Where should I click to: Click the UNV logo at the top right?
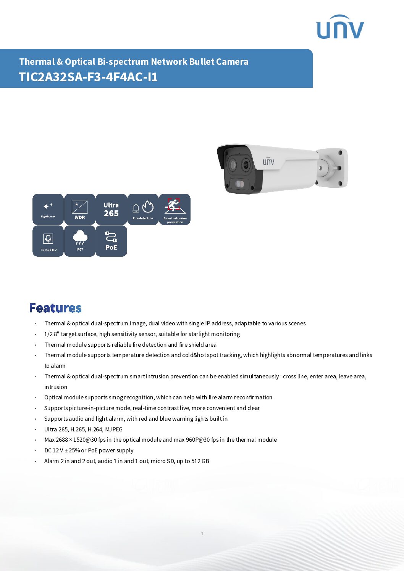click(340, 27)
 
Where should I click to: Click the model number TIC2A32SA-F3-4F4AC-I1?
click(88, 77)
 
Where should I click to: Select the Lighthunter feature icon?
click(48, 209)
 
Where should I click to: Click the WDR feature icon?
click(80, 209)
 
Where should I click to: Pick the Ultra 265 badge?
click(111, 209)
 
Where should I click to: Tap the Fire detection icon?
click(143, 209)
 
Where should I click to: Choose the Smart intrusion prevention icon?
click(175, 209)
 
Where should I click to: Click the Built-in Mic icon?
click(48, 241)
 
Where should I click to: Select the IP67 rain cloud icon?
click(80, 241)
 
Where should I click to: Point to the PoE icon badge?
click(111, 241)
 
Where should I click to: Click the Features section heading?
click(55, 308)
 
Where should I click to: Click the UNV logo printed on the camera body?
click(268, 161)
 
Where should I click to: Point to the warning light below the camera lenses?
click(240, 184)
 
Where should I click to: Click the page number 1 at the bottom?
click(202, 534)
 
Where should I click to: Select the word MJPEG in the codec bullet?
click(114, 429)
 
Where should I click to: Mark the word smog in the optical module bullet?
click(116, 398)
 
